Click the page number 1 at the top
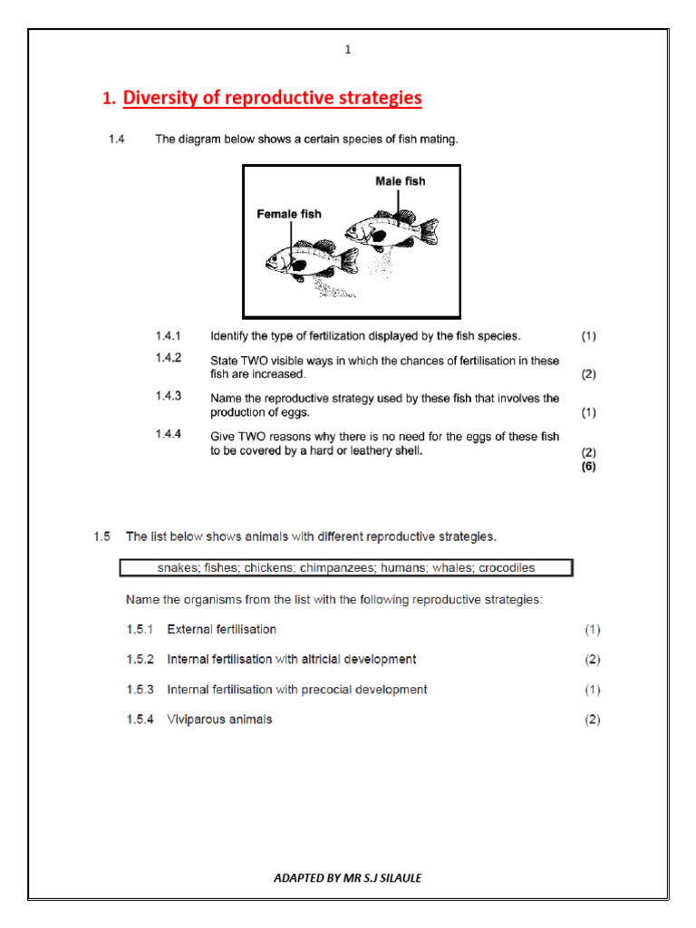coord(347,50)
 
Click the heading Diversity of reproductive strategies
coord(272,98)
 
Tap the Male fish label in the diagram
coord(400,181)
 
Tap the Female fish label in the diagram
coord(288,214)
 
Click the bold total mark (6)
coord(588,468)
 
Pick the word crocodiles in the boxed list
coord(503,568)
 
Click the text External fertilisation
coord(222,629)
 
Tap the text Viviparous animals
coord(219,720)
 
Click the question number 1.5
coord(101,536)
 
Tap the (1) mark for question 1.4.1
coord(588,336)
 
